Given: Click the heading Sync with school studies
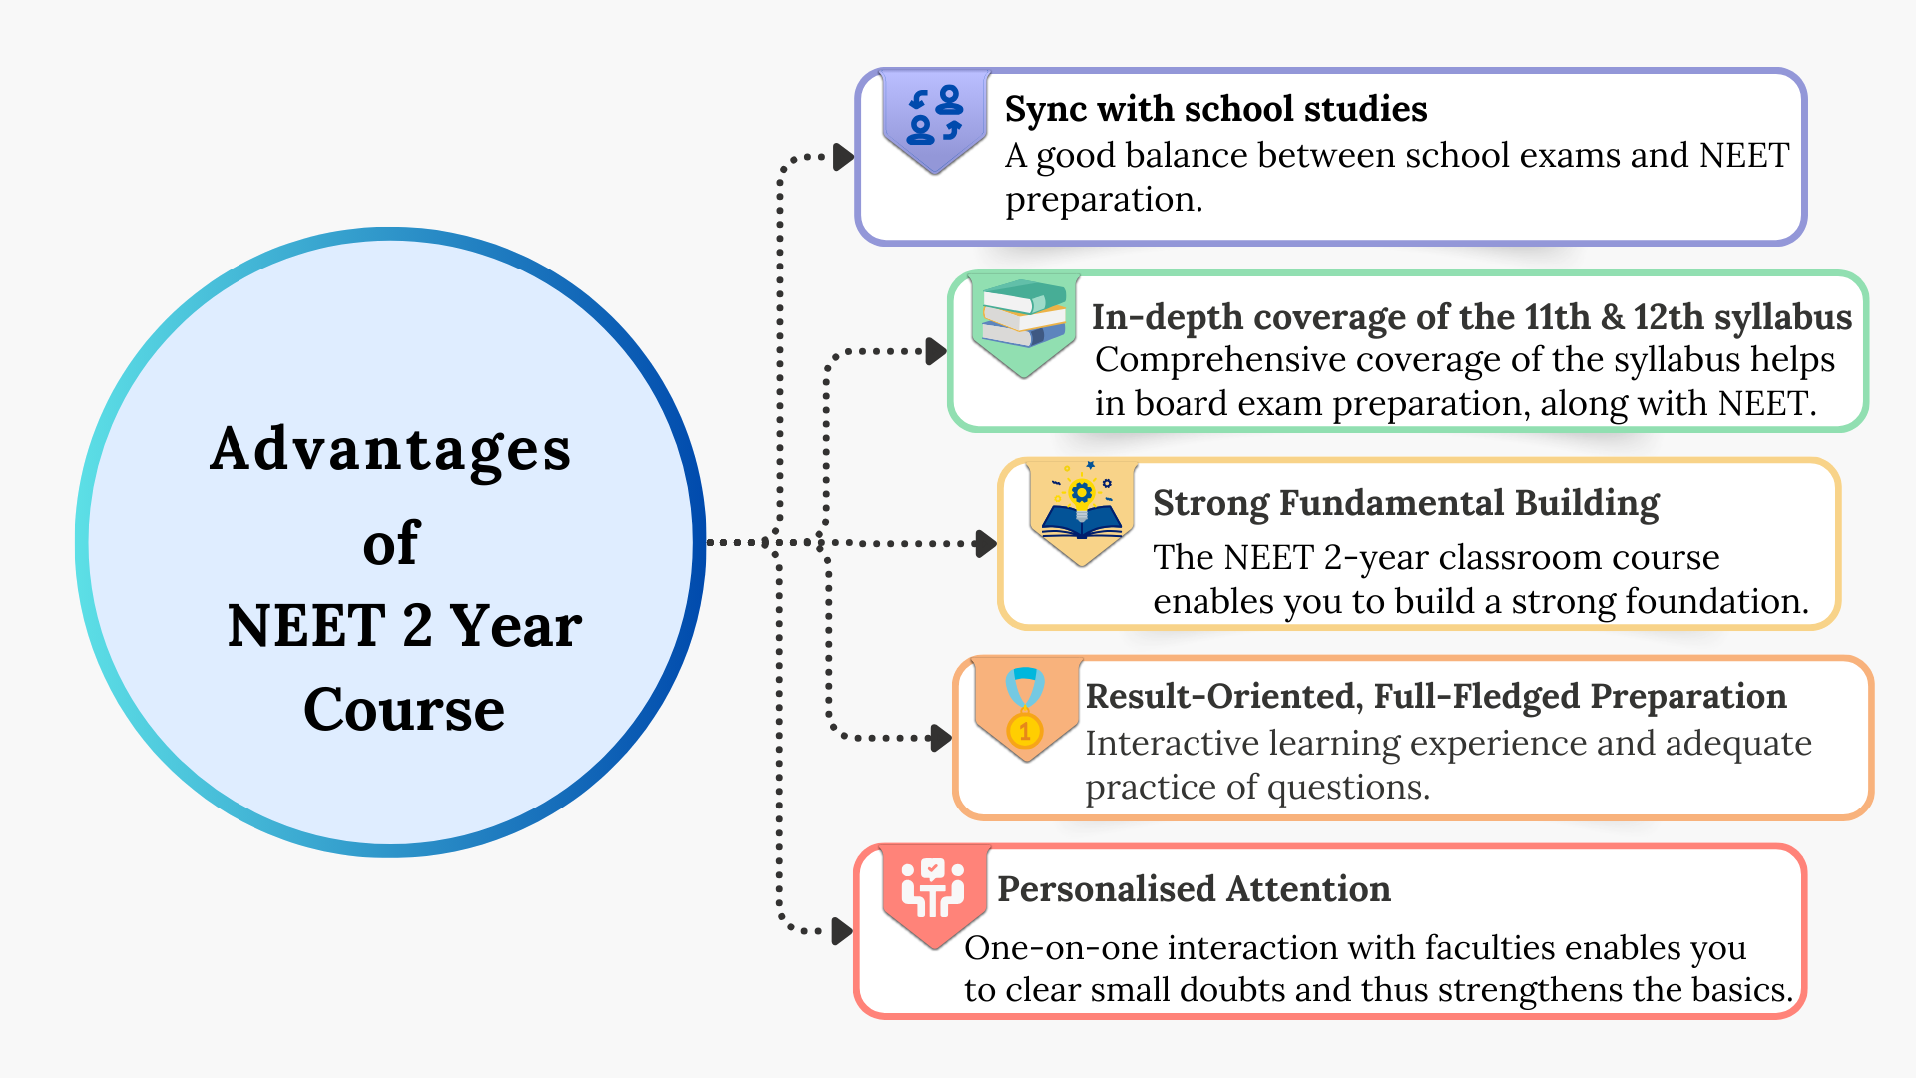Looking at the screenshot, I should coord(1215,109).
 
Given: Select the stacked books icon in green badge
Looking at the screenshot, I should coord(1024,314).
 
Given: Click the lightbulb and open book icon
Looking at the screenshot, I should coord(1082,505).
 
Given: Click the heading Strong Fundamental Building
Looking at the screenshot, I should coord(1405,503).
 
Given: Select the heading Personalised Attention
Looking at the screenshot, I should coord(1194,888).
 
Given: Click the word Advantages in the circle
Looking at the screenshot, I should coord(390,449).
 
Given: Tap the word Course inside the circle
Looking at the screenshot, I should coord(404,709).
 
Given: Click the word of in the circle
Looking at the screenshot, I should coord(391,544).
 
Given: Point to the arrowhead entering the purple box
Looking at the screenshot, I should coord(844,157).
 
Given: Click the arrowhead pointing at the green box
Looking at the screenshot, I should coord(936,351).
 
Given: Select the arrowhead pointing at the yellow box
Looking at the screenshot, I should coord(986,543).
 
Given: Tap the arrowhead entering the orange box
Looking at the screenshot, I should coord(940,738).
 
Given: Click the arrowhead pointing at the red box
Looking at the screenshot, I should coord(843,931).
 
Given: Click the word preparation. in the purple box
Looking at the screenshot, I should coord(1104,201).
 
